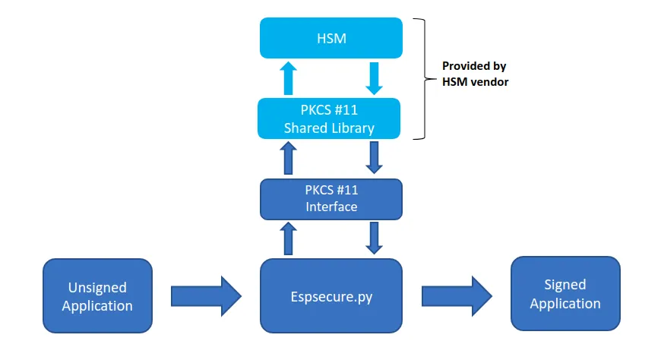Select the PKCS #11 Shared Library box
pyautogui.click(x=329, y=118)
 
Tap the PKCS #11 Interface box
pyautogui.click(x=330, y=197)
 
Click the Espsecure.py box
pyautogui.click(x=330, y=295)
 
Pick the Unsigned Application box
pyautogui.click(x=97, y=296)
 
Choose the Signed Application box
pyautogui.click(x=565, y=294)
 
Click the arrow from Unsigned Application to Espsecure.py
pyautogui.click(x=206, y=296)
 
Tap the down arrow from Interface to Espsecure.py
pyautogui.click(x=373, y=238)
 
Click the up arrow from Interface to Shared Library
pyautogui.click(x=288, y=159)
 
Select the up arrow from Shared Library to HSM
pyautogui.click(x=288, y=78)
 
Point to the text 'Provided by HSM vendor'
pyautogui.click(x=474, y=74)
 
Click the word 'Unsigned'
pyautogui.click(x=97, y=288)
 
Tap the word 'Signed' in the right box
pyautogui.click(x=565, y=285)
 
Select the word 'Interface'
pyautogui.click(x=331, y=207)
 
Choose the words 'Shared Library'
pyautogui.click(x=329, y=128)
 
